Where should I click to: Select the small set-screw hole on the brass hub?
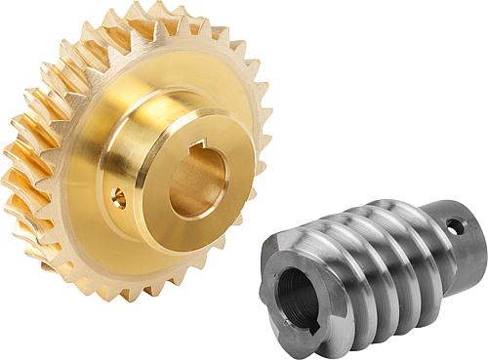pos(119,198)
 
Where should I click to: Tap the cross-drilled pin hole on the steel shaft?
pos(455,226)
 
